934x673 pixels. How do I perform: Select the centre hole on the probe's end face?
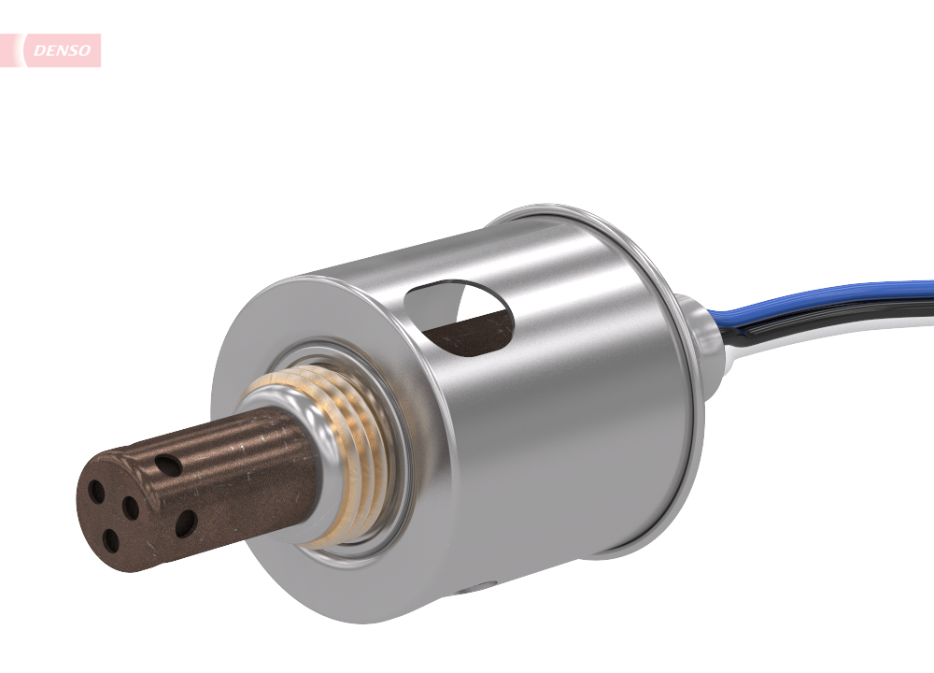pyautogui.click(x=131, y=508)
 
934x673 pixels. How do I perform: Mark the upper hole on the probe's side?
pyautogui.click(x=168, y=464)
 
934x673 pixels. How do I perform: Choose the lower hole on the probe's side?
pyautogui.click(x=186, y=523)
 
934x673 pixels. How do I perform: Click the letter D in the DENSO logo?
pyautogui.click(x=38, y=50)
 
